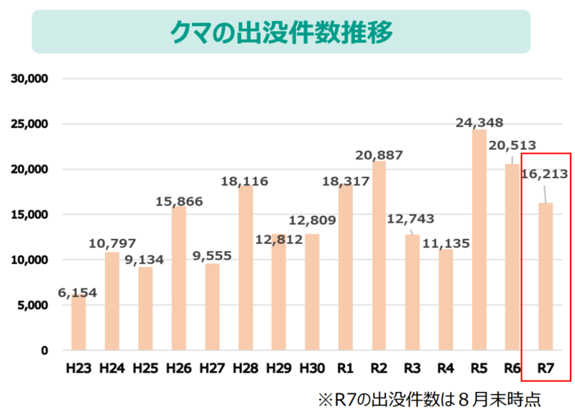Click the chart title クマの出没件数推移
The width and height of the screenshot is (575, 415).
(281, 31)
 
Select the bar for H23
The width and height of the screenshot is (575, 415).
(78, 323)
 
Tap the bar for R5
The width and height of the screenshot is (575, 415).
(479, 240)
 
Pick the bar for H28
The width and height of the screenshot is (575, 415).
(245, 268)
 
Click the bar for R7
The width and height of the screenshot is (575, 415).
(546, 277)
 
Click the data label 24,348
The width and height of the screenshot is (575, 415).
(479, 122)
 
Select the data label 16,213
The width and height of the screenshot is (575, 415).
(544, 173)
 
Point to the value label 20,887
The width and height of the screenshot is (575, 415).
(379, 155)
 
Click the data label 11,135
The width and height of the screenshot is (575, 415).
(446, 243)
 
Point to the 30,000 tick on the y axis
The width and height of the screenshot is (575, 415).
(29, 78)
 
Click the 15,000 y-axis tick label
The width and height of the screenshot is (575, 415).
(29, 214)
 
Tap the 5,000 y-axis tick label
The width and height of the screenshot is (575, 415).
(32, 305)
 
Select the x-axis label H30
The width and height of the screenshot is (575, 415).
(312, 368)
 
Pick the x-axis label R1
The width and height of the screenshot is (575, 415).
(345, 368)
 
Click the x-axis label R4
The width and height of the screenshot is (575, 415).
(445, 368)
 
